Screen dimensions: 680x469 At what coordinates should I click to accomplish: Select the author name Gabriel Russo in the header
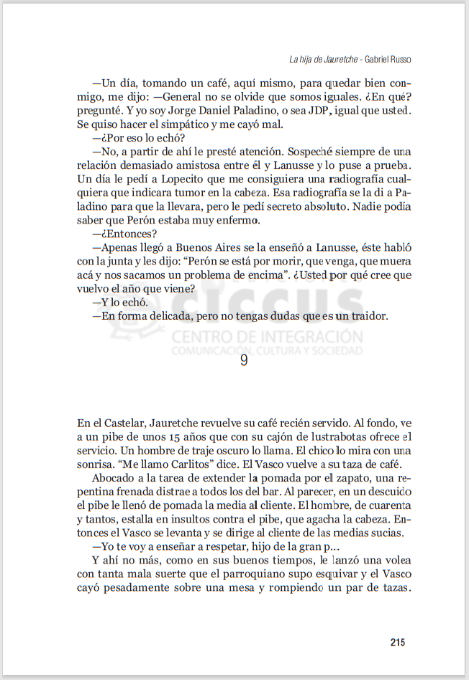(392, 59)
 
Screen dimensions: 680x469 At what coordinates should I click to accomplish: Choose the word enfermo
(234, 220)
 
